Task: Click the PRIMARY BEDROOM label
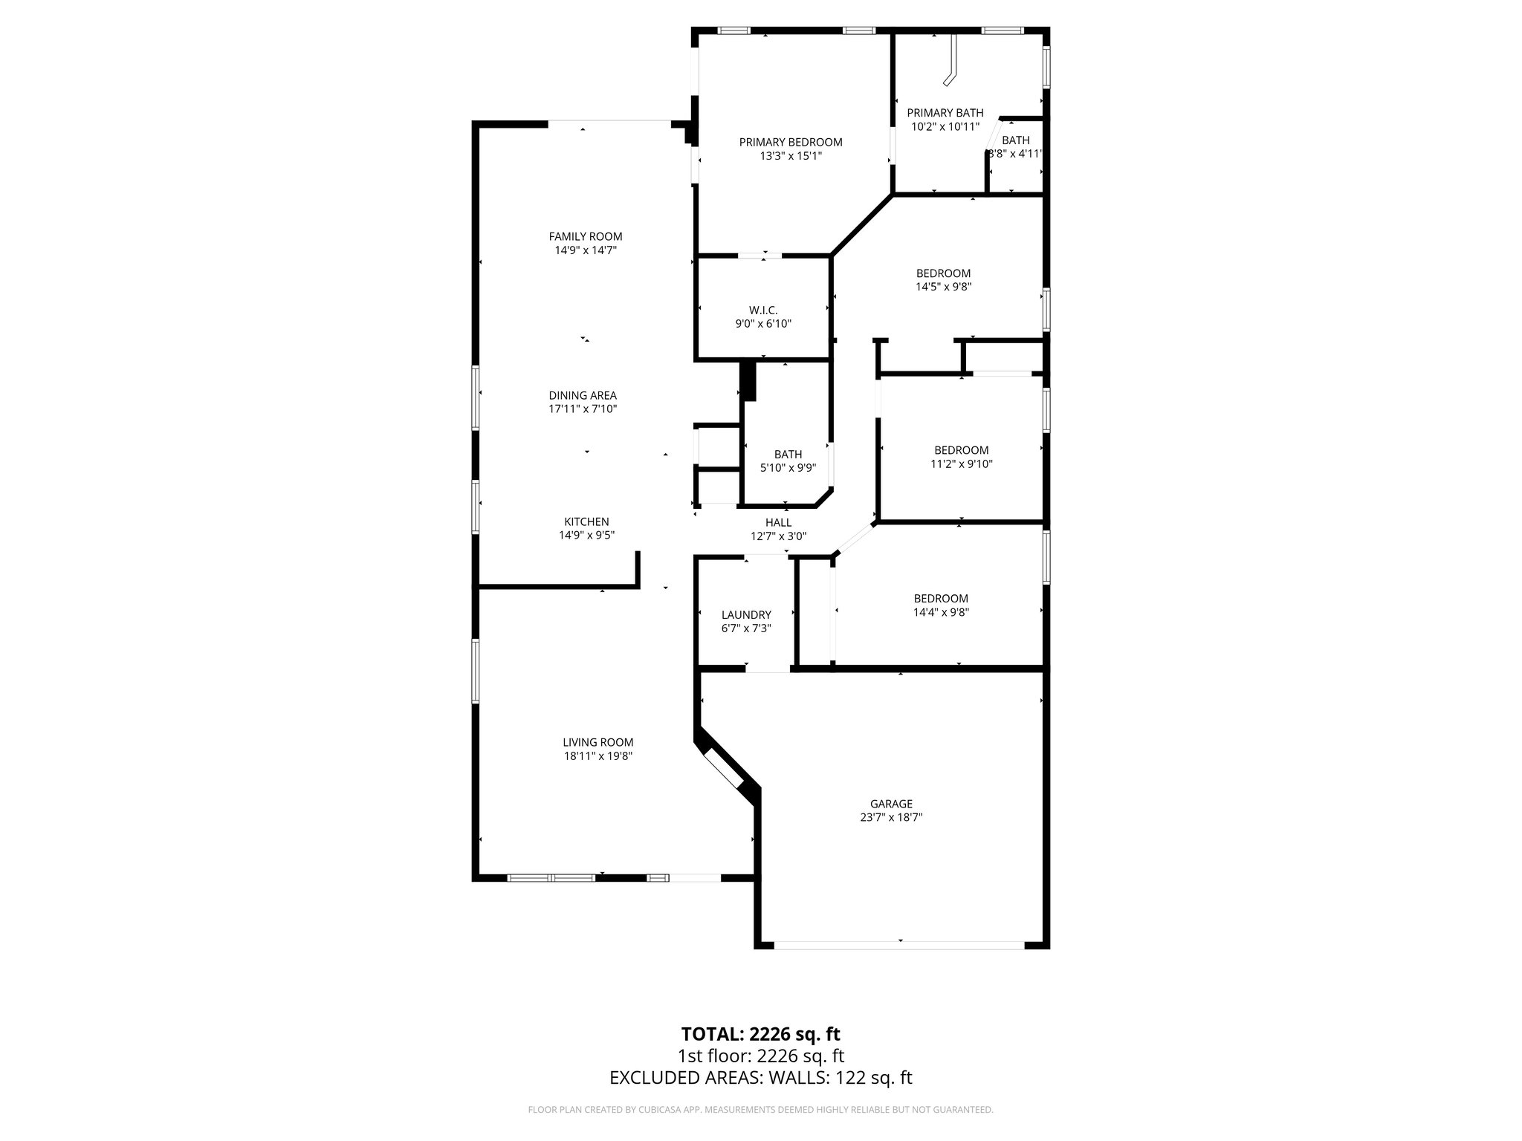pyautogui.click(x=791, y=142)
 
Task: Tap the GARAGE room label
pyautogui.click(x=891, y=804)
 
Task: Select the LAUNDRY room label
pyautogui.click(x=746, y=614)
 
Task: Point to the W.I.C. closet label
pyautogui.click(x=763, y=310)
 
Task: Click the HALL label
pyautogui.click(x=778, y=522)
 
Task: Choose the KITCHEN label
pyautogui.click(x=586, y=521)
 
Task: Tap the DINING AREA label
pyautogui.click(x=583, y=395)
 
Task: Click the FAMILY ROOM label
pyautogui.click(x=586, y=236)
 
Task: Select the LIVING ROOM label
pyautogui.click(x=598, y=742)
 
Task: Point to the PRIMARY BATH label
pyautogui.click(x=945, y=113)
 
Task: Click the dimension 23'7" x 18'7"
pyautogui.click(x=891, y=817)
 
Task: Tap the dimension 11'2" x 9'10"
pyautogui.click(x=962, y=464)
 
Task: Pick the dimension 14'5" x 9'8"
pyautogui.click(x=943, y=287)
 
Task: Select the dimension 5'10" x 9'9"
pyautogui.click(x=788, y=468)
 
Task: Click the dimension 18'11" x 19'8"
pyautogui.click(x=598, y=756)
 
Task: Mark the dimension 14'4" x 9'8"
pyautogui.click(x=941, y=613)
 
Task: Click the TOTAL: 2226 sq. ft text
pyautogui.click(x=761, y=1034)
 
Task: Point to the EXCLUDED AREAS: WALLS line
pyautogui.click(x=761, y=1078)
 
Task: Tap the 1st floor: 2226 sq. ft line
pyautogui.click(x=761, y=1056)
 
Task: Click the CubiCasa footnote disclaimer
pyautogui.click(x=761, y=1110)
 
